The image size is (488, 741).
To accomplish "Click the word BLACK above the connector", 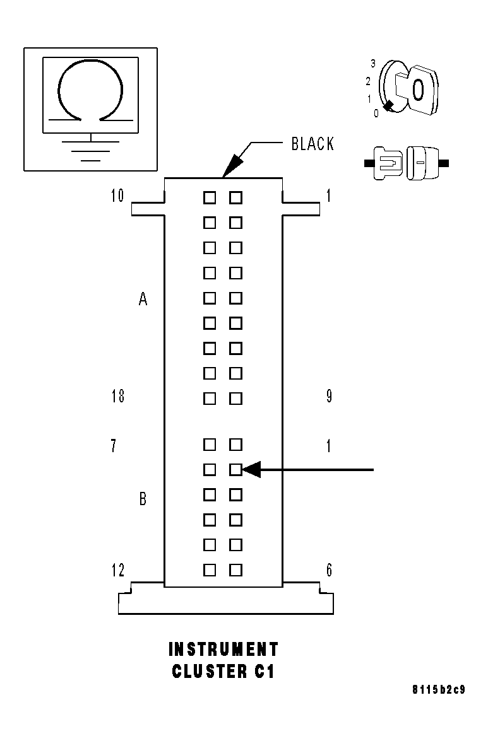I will (312, 144).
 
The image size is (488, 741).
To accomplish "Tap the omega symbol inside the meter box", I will (90, 90).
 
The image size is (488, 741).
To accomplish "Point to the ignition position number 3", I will (373, 63).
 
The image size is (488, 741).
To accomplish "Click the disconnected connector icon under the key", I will (407, 163).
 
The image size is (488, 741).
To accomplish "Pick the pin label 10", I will (117, 196).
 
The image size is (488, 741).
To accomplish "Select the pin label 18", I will (117, 397).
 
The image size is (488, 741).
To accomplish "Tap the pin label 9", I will (329, 397).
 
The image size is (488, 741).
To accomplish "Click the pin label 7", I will (113, 446).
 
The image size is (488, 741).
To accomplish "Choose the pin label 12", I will (117, 570).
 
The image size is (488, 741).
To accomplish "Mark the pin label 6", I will (329, 570).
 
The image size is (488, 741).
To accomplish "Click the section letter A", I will (143, 300).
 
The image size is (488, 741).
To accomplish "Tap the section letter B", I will (143, 499).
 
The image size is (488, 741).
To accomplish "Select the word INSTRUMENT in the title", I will (223, 649).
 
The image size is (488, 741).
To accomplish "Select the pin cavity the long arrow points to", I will (235, 469).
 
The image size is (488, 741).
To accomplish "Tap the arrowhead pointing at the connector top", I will (231, 166).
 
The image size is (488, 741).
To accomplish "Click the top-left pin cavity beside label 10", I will (210, 198).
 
